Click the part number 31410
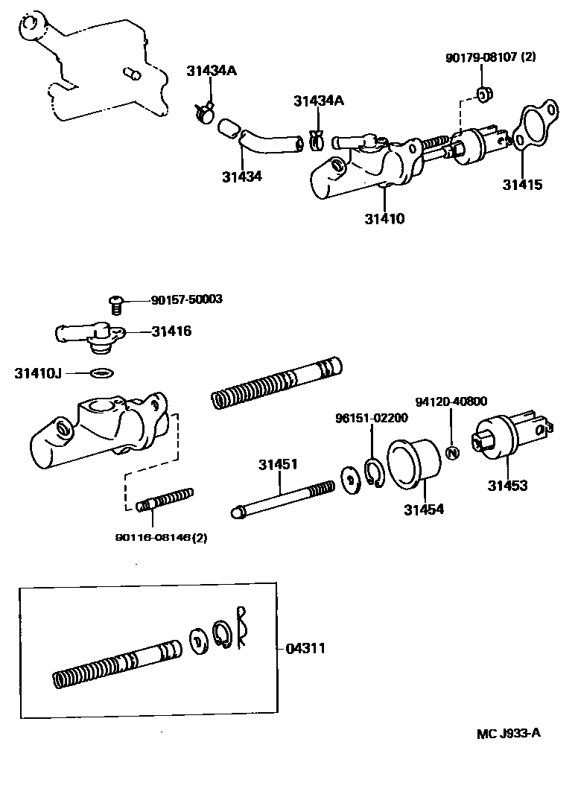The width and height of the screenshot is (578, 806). pyautogui.click(x=384, y=219)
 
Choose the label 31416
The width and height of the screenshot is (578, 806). pyautogui.click(x=171, y=331)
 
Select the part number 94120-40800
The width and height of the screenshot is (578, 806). pyautogui.click(x=451, y=402)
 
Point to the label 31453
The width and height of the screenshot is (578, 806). pyautogui.click(x=507, y=486)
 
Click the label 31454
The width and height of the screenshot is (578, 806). pyautogui.click(x=424, y=510)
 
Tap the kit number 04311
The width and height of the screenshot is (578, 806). pyautogui.click(x=305, y=649)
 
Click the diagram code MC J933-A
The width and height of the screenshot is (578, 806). pyautogui.click(x=509, y=733)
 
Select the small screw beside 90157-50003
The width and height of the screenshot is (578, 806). pyautogui.click(x=115, y=304)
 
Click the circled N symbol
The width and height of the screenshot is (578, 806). pyautogui.click(x=451, y=452)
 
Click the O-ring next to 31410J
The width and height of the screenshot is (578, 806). pyautogui.click(x=101, y=372)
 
